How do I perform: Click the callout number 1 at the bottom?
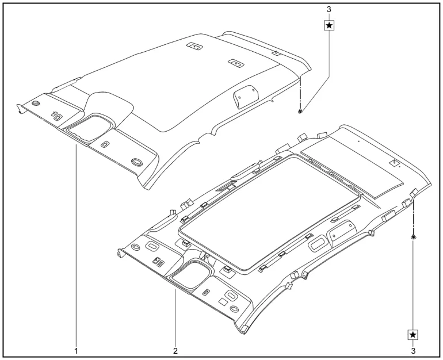click(x=76, y=351)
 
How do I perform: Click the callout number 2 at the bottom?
click(x=175, y=351)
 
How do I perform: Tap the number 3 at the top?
click(x=329, y=9)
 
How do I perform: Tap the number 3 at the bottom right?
click(x=413, y=351)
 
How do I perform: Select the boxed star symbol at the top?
click(x=329, y=26)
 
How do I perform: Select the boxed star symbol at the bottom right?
click(x=413, y=335)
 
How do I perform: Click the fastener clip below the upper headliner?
click(x=300, y=111)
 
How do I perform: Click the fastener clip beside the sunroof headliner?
click(x=413, y=237)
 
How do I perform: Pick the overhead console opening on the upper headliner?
click(x=88, y=128)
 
